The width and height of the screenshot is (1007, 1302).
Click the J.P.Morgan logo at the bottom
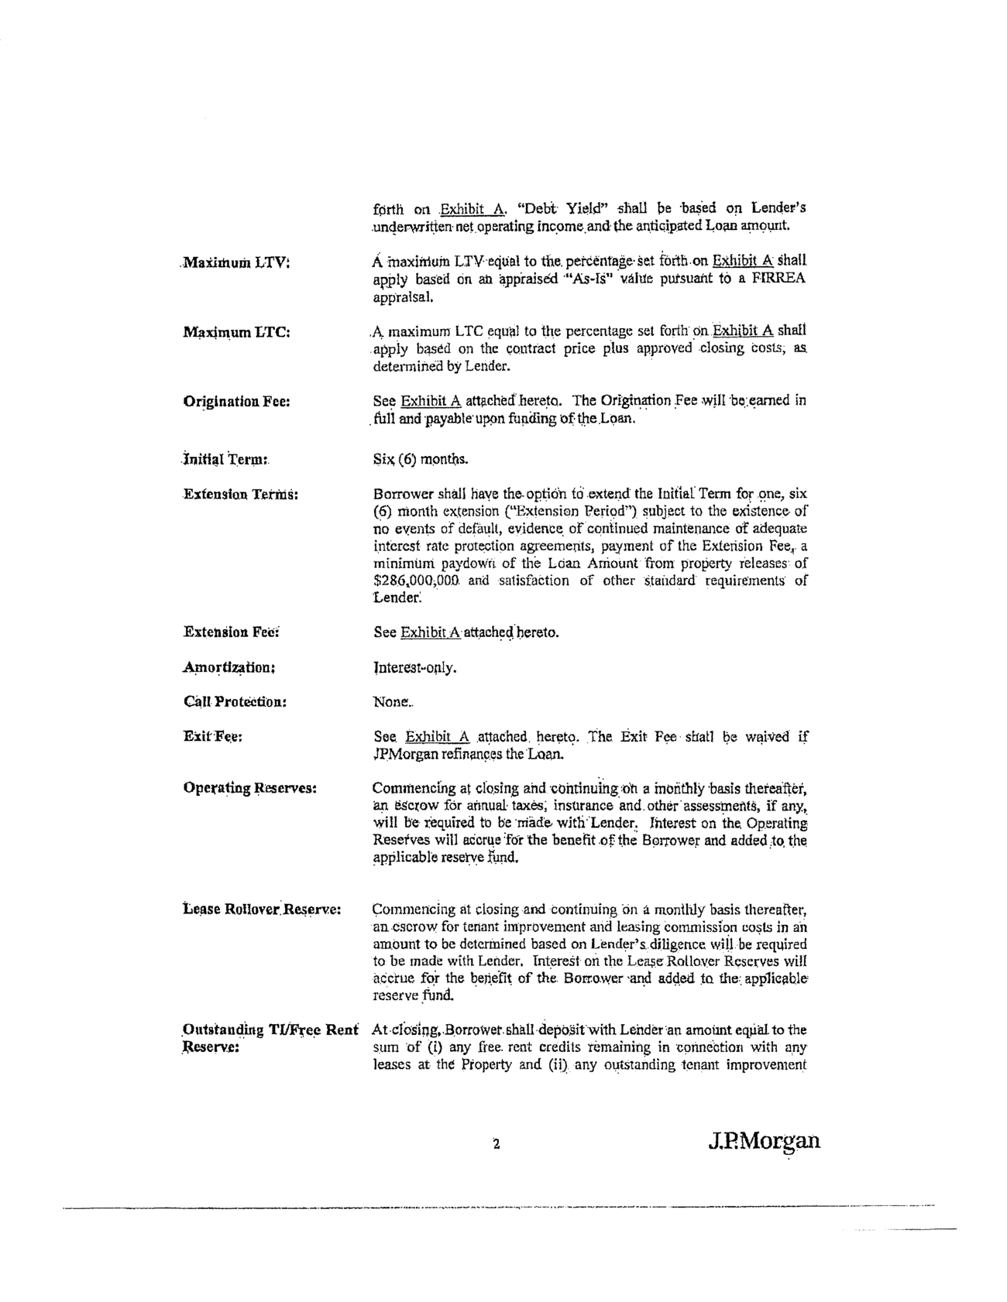pyautogui.click(x=763, y=1142)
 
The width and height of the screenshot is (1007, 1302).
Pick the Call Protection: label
pyautogui.click(x=235, y=702)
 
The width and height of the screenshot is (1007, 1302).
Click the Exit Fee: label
pyautogui.click(x=213, y=737)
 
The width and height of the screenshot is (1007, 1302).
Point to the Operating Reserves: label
pyautogui.click(x=249, y=788)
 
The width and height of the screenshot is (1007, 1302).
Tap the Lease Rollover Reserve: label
pyautogui.click(x=262, y=910)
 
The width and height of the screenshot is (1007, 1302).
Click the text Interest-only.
pyautogui.click(x=414, y=667)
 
